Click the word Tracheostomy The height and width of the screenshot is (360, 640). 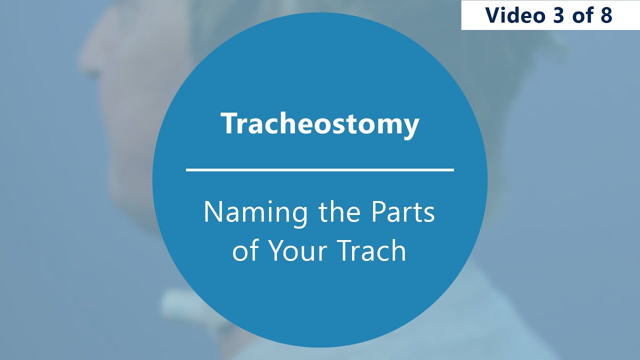click(x=320, y=124)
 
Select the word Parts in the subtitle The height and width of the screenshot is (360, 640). click(x=403, y=212)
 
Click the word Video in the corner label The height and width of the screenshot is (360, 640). click(x=513, y=15)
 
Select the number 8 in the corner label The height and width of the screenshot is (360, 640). click(x=606, y=15)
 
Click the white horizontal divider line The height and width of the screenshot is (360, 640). click(x=320, y=170)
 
